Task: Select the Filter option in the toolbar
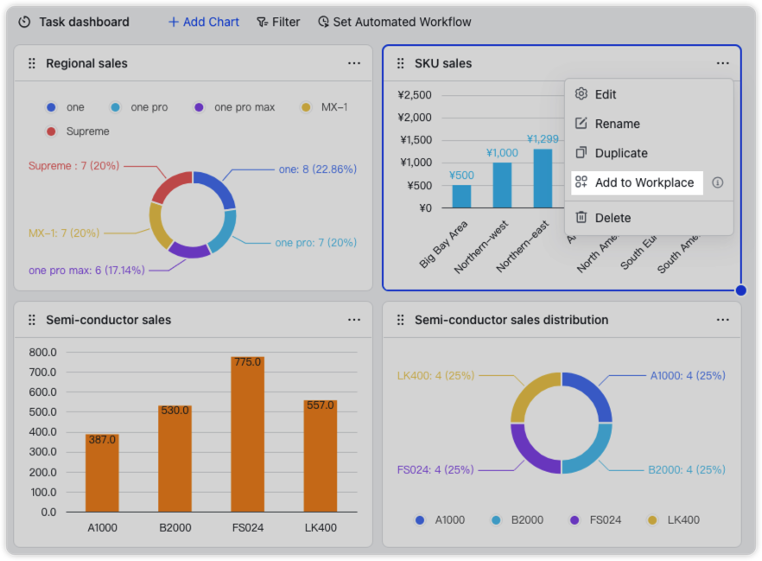pyautogui.click(x=278, y=22)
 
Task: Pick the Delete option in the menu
pyautogui.click(x=613, y=218)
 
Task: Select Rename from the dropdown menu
pyautogui.click(x=617, y=124)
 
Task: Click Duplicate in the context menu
pyautogui.click(x=620, y=153)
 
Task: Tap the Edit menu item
pyautogui.click(x=606, y=94)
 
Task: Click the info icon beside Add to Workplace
pyautogui.click(x=717, y=182)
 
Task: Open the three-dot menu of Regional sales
pyautogui.click(x=354, y=63)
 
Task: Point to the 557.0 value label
pyautogui.click(x=320, y=405)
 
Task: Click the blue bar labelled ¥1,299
pyautogui.click(x=543, y=178)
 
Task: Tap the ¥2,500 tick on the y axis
pyautogui.click(x=414, y=95)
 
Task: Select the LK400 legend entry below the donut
pyautogui.click(x=674, y=520)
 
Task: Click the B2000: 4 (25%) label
pyautogui.click(x=687, y=469)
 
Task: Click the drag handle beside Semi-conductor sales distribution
pyautogui.click(x=400, y=320)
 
